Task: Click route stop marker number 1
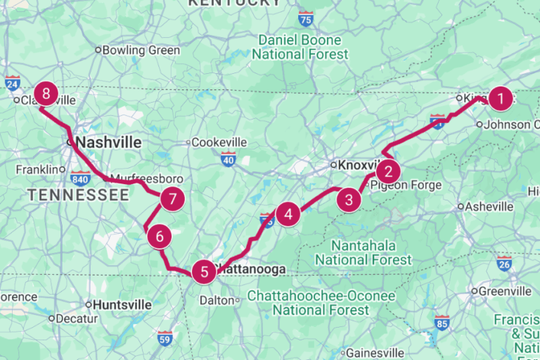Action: pos(500,99)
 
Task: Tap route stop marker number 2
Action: pos(387,172)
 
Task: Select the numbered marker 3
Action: pos(349,200)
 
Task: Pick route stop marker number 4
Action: pos(288,214)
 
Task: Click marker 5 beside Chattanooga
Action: pos(204,271)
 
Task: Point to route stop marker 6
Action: pos(160,237)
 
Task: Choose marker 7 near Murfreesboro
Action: pos(172,199)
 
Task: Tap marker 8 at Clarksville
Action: pos(46,94)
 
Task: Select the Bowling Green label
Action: pos(141,51)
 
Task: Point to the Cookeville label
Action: pos(218,142)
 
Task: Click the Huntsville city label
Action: pos(122,305)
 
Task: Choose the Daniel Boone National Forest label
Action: pos(300,47)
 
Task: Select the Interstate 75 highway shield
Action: pos(305,18)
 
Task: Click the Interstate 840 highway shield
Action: pos(80,177)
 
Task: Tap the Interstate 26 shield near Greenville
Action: pos(503,264)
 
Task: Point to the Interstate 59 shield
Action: pos(165,337)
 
